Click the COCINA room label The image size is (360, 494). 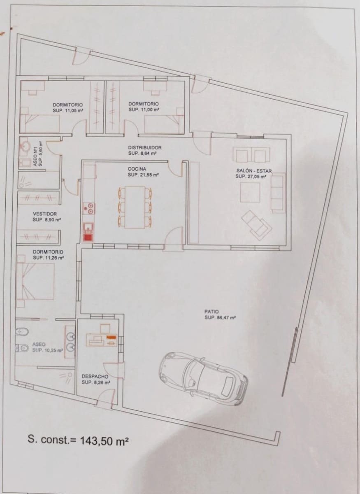click(x=137, y=168)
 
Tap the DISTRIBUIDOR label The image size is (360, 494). click(x=144, y=147)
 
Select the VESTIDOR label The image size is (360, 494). click(x=44, y=214)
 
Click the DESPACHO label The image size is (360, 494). click(x=95, y=376)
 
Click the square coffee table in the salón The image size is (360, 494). click(x=250, y=192)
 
